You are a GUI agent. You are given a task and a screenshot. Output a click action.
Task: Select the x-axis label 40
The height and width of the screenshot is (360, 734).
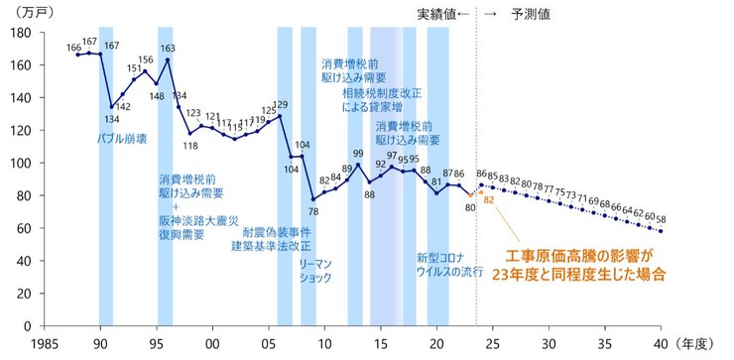coord(661,342)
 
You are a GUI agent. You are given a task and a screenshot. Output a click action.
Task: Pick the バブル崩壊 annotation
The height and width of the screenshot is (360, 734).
coord(122,139)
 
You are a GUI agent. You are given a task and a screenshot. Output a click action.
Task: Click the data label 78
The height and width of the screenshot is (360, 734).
coord(313,211)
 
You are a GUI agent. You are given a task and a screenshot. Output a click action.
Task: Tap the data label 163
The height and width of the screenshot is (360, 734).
coord(168,48)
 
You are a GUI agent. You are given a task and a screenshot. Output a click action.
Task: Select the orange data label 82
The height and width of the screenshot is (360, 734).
coord(488,200)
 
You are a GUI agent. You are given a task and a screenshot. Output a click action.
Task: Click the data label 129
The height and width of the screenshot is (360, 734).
coord(281,104)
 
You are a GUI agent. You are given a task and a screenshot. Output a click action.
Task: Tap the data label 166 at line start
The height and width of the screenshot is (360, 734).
coord(74,46)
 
